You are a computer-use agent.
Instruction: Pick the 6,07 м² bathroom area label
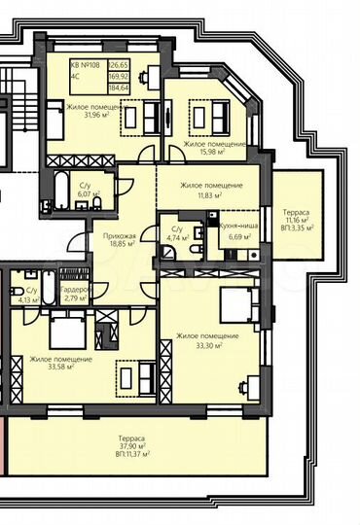coord(85,194)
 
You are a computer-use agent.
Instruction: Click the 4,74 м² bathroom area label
coord(176,237)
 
